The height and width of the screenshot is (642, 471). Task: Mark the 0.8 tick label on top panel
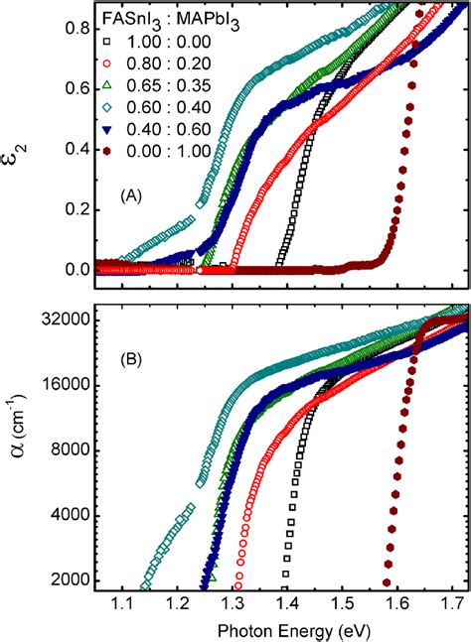click(x=78, y=31)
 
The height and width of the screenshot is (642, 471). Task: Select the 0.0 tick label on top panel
click(x=78, y=269)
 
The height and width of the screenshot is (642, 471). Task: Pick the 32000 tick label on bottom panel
click(x=69, y=321)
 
